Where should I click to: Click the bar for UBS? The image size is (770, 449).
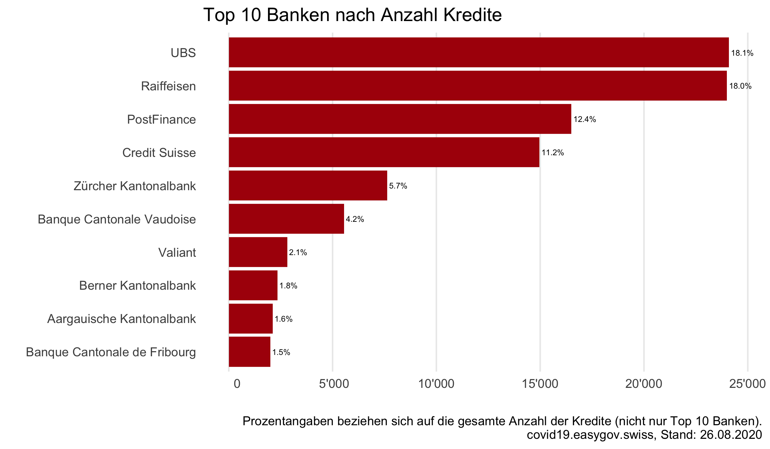click(478, 52)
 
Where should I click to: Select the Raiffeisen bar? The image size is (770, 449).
click(477, 86)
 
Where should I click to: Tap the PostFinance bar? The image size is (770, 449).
click(400, 119)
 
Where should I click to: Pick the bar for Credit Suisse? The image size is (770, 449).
click(384, 152)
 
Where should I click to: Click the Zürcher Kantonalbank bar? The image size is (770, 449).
click(308, 185)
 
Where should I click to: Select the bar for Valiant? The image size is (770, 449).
click(258, 252)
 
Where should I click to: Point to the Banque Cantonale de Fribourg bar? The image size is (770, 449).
click(249, 352)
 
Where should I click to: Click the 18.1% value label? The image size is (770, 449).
click(742, 53)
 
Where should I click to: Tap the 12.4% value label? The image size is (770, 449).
click(585, 119)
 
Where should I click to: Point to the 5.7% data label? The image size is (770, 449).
click(398, 186)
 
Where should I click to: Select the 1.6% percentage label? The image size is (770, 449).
click(283, 319)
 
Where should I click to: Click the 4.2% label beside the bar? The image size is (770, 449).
click(355, 219)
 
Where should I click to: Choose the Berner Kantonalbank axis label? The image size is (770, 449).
click(137, 286)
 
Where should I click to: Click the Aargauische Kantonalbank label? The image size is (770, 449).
click(121, 319)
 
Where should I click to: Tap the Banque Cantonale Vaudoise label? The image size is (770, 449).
click(117, 219)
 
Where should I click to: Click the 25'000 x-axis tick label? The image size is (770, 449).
click(747, 384)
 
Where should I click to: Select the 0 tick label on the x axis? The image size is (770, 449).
click(237, 384)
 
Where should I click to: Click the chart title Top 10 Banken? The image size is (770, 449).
click(352, 15)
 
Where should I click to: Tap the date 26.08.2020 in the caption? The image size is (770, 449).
click(731, 435)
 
